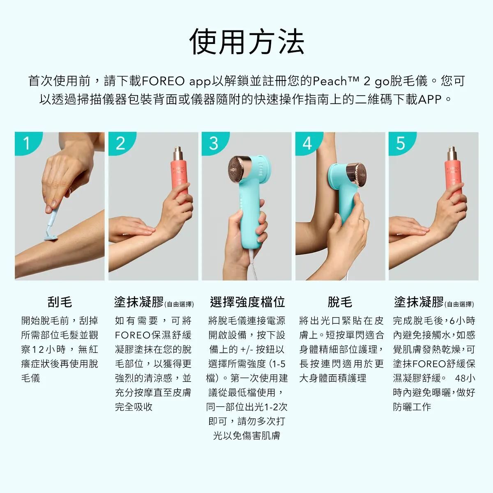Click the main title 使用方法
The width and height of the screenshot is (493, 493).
point(246,42)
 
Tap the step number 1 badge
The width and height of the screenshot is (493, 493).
point(27,143)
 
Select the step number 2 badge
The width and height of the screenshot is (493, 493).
point(120,143)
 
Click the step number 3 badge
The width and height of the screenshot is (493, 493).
point(214,143)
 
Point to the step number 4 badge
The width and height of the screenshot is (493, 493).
point(307,143)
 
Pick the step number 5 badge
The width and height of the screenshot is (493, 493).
point(401,143)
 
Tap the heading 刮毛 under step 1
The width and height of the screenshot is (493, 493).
point(60,302)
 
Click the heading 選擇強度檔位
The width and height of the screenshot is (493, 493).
point(247,302)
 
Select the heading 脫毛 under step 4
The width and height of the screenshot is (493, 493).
point(340,302)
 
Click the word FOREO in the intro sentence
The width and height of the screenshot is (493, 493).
point(163,81)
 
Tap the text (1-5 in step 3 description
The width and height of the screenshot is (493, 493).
point(277,364)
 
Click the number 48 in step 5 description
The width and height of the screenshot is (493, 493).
point(460,378)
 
